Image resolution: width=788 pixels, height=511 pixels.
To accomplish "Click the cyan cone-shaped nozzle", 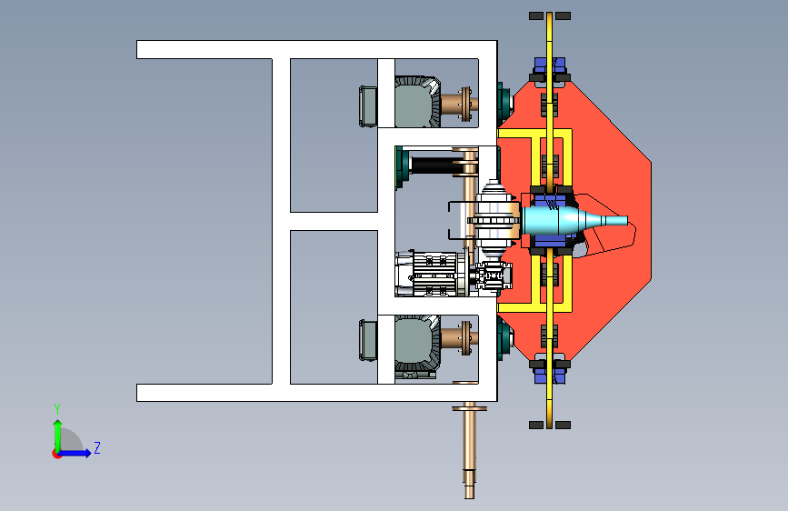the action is [573, 220].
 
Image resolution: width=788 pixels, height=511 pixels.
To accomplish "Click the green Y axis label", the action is [57, 409].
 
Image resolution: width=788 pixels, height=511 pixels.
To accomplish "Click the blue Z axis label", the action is [97, 447].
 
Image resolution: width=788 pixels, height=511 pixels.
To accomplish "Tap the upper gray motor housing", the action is [417, 102].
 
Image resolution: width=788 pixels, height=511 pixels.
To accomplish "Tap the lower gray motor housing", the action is [417, 345].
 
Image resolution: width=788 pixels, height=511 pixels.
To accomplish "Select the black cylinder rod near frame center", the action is [434, 165].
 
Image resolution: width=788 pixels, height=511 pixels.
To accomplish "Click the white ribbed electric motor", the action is [431, 274].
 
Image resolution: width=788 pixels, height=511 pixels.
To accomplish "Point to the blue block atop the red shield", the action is [550, 65].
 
